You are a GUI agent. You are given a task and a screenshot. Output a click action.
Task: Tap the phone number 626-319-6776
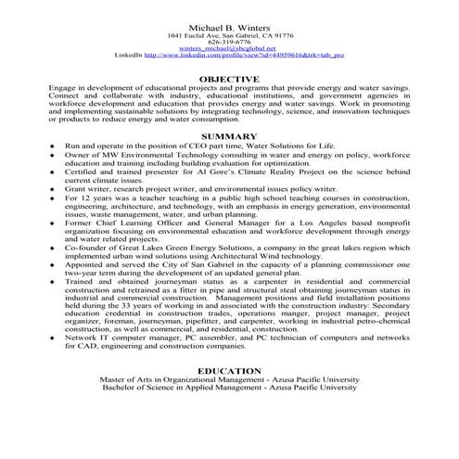coord(229,43)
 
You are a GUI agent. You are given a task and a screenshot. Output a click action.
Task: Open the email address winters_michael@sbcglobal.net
coord(229,49)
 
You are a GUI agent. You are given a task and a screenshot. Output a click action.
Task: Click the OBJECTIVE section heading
coord(229,79)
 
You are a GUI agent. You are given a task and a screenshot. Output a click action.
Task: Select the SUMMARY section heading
coord(229,135)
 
